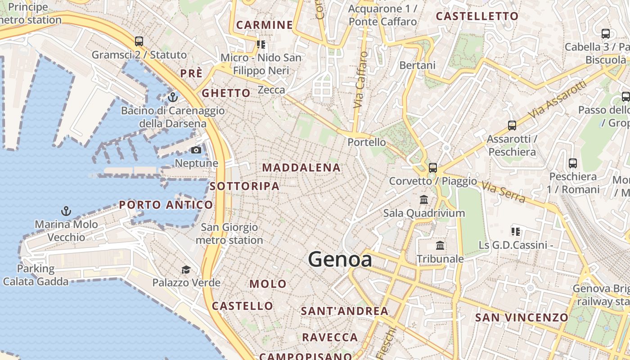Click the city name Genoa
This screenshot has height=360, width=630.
coord(340,260)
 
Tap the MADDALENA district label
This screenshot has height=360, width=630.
coord(301,168)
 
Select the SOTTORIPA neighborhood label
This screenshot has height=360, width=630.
coord(244,186)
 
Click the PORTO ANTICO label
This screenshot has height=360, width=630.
coord(166,205)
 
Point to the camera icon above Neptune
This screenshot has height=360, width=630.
coord(196,150)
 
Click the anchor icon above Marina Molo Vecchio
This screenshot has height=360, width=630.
coord(66,211)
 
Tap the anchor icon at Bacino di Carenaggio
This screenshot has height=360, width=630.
coord(172,97)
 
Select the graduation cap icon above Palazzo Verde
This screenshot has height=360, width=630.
coord(186,270)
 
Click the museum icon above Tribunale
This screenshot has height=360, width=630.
coord(440,246)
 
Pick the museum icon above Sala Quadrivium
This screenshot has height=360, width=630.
coord(424,199)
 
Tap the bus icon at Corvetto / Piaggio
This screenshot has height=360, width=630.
coord(433,168)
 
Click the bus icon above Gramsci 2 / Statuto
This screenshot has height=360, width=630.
coord(139,41)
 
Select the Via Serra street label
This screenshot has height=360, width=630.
coord(503,192)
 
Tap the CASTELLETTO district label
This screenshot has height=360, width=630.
coord(477,16)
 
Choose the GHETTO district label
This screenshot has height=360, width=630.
coord(226,93)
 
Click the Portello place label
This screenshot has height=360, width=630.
coord(367,142)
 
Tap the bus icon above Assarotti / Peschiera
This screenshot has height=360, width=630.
coord(512,126)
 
